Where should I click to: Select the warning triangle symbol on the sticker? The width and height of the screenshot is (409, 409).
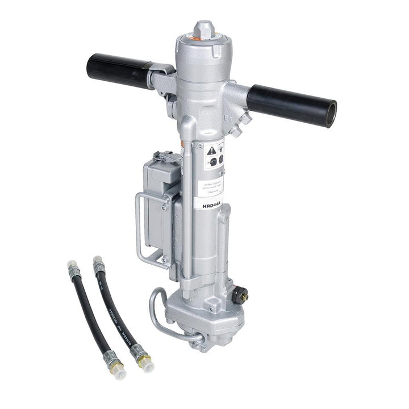point(211,151)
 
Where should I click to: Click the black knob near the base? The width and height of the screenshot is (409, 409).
point(240,294)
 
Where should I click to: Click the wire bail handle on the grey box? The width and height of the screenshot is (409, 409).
point(143,227)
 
